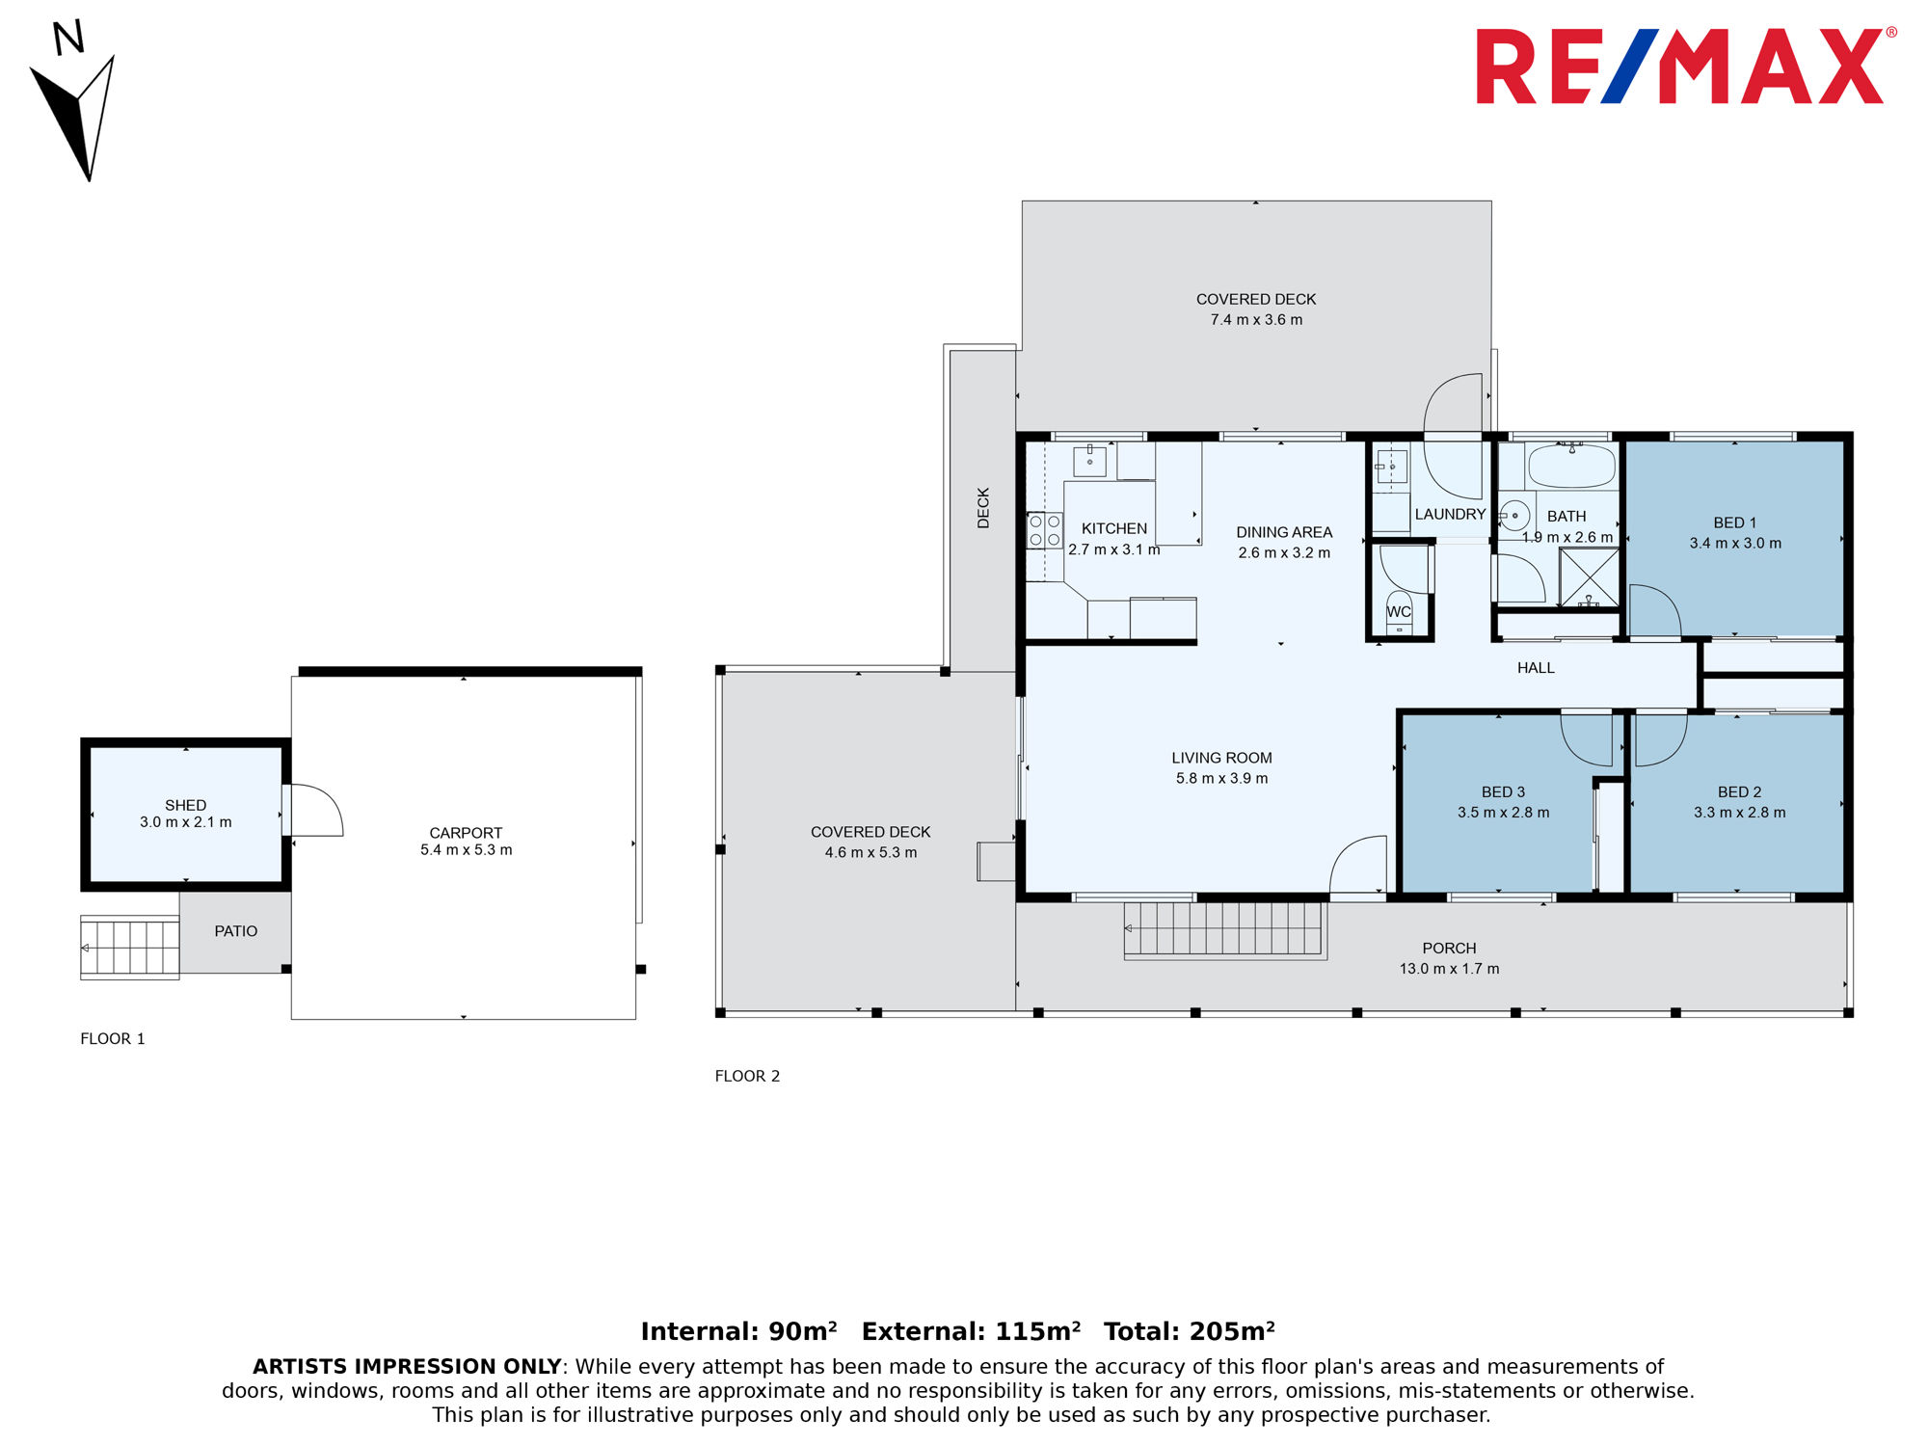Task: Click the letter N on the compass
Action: pos(68,38)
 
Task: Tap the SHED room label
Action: pos(185,805)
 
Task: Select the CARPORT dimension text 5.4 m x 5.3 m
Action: pos(466,850)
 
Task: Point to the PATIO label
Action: pos(236,931)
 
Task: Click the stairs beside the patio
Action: pos(130,948)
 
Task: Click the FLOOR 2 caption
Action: pos(747,1076)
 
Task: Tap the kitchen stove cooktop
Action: pos(1044,530)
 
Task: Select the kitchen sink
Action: pos(1089,461)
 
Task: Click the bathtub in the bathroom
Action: pos(1571,466)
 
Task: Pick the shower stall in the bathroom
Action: pos(1589,577)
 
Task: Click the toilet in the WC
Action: pos(1399,614)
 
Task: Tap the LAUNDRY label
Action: pos(1450,515)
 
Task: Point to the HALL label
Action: pos(1536,668)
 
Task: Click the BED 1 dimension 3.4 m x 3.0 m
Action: pos(1735,544)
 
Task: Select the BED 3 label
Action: pos(1503,792)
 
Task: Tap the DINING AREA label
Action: pos(1284,532)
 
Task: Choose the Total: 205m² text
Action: pos(1190,1331)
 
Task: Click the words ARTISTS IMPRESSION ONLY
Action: pos(407,1367)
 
